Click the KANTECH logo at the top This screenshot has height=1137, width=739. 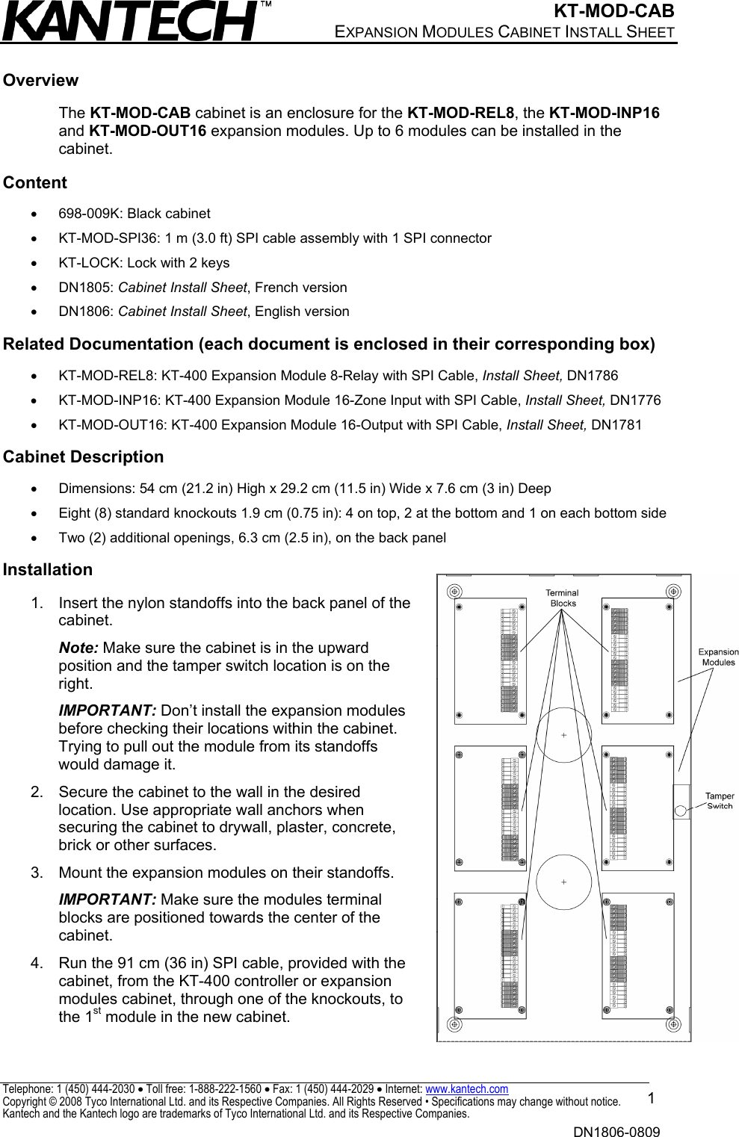click(131, 21)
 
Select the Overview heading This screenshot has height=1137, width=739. click(40, 81)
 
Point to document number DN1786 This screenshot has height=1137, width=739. click(592, 376)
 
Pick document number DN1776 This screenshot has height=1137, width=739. click(635, 400)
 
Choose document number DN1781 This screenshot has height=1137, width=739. click(616, 425)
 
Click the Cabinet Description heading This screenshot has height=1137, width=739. click(83, 457)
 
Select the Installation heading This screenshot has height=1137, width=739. click(48, 570)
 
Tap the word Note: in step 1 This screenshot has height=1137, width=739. click(78, 648)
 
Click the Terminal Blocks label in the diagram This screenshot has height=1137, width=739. click(563, 598)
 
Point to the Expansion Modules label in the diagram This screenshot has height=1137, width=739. click(718, 657)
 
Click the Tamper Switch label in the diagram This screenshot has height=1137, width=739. click(720, 801)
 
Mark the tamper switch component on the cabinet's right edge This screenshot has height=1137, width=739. click(681, 802)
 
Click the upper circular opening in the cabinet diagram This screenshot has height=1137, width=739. click(563, 735)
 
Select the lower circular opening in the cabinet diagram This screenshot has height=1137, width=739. click(563, 882)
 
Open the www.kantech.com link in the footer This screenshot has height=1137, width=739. click(466, 1089)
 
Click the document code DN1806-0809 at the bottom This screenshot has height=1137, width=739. click(616, 1132)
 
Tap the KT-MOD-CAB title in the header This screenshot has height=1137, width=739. click(613, 11)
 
